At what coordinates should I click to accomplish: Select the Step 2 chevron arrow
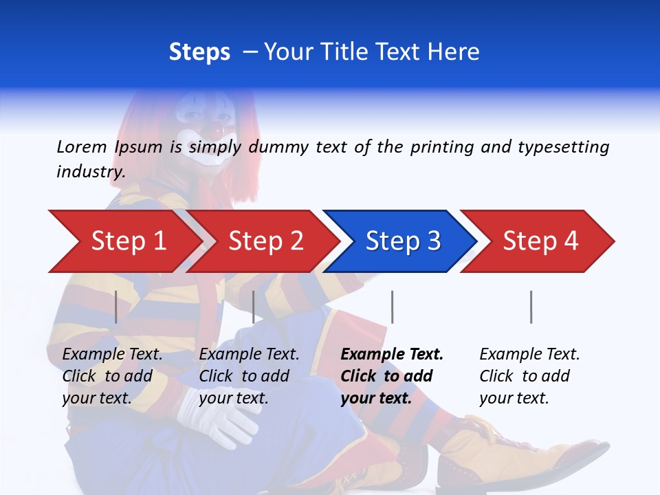tap(265, 241)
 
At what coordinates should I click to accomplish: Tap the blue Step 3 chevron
tap(401, 241)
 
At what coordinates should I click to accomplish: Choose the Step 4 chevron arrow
tap(539, 241)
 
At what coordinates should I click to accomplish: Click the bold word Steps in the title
tap(199, 52)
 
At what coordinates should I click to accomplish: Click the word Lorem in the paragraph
tap(81, 146)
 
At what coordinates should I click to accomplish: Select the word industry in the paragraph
tap(90, 172)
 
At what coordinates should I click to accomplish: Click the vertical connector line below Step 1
tap(116, 307)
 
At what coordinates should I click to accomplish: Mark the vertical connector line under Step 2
tap(254, 307)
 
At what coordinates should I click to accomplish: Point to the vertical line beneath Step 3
tap(392, 307)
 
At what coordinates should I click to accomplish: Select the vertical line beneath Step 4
tap(531, 307)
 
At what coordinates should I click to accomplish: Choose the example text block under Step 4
tap(529, 376)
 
